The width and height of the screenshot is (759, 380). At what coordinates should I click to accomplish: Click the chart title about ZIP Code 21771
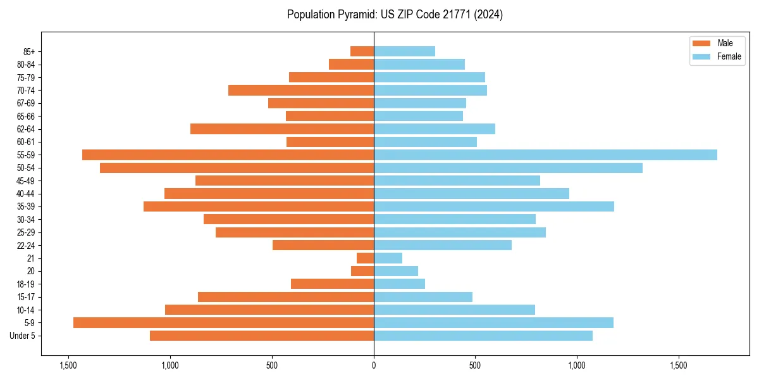coord(395,15)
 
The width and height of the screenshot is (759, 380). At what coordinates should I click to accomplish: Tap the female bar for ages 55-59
coord(545,155)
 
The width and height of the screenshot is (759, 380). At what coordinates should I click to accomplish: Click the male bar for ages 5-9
coord(223,323)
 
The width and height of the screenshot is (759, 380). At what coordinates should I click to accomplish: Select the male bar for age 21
coord(365,258)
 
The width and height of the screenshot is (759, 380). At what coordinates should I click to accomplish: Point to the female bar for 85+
coord(404,51)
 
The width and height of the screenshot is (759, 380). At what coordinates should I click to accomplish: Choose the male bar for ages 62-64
coord(282,129)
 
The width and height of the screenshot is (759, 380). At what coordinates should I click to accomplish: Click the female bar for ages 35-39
coord(494,206)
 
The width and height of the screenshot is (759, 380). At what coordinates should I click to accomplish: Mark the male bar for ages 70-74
coord(301,91)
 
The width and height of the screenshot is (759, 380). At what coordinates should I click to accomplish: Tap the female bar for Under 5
coord(483,336)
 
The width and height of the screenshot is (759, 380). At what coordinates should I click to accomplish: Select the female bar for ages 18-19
coord(399,284)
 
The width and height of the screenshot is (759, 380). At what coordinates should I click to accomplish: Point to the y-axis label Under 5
coord(23,336)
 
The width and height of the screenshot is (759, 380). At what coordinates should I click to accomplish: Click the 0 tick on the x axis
coord(374,365)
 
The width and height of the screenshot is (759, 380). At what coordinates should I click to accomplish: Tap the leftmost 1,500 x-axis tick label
coord(68,365)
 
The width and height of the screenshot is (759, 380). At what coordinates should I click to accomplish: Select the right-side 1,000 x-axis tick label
coord(577,365)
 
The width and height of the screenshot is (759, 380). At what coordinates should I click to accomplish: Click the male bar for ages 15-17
coord(286,297)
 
